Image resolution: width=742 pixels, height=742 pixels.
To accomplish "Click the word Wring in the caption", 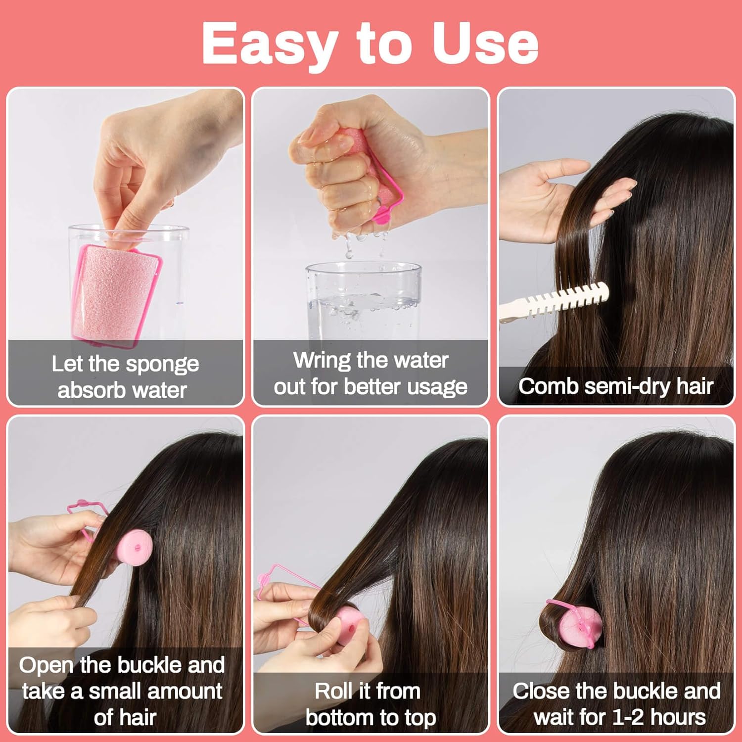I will [x=322, y=360].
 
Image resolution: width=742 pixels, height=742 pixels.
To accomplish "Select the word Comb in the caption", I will [x=547, y=386].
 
